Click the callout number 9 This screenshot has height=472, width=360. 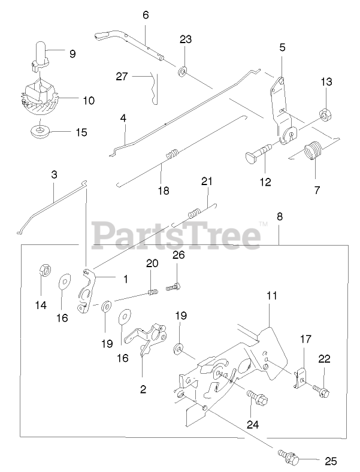pos(72,54)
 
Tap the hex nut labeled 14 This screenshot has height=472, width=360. pos(44,270)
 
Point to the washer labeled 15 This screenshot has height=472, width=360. pos(39,129)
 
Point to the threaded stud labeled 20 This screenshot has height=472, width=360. pos(152,292)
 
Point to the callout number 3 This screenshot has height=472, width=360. pos(54,175)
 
